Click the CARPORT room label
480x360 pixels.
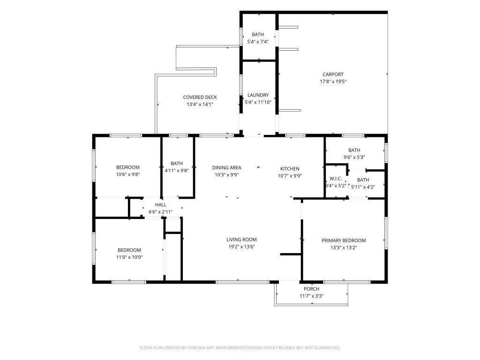tap(333, 75)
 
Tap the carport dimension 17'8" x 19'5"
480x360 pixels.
tap(333, 82)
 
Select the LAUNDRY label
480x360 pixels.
tap(258, 95)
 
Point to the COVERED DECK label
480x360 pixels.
tap(200, 97)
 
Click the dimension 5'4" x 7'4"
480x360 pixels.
tap(258, 42)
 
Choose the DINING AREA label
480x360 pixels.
tap(227, 168)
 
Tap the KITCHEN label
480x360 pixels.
tap(290, 169)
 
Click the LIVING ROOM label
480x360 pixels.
tap(241, 240)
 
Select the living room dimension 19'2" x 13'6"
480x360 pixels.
tap(241, 247)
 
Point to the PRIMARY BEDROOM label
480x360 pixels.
tap(344, 240)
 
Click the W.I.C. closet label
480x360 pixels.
tap(336, 179)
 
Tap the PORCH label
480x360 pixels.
tap(312, 289)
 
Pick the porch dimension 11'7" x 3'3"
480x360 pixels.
tap(312, 296)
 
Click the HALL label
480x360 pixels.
tap(161, 205)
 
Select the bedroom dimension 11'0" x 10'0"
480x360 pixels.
tap(129, 257)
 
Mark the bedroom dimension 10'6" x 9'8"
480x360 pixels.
tap(128, 174)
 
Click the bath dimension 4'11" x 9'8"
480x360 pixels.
tap(177, 171)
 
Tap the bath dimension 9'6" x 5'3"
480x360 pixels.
tap(354, 157)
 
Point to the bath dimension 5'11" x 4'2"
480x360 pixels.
tap(363, 187)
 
